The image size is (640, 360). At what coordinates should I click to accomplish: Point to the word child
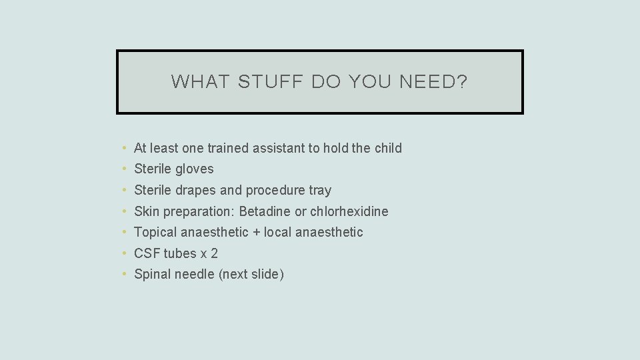click(388, 148)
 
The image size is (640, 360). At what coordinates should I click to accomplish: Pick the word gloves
click(194, 169)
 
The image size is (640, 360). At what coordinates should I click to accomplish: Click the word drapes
click(195, 191)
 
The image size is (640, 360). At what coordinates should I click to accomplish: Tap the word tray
click(320, 191)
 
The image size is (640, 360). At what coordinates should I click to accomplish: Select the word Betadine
click(265, 211)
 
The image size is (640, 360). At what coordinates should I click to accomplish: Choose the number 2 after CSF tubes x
click(214, 253)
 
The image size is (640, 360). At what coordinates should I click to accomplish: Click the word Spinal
click(152, 275)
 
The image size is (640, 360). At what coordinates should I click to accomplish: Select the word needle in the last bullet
click(194, 275)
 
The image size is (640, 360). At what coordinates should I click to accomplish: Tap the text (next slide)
click(251, 275)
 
